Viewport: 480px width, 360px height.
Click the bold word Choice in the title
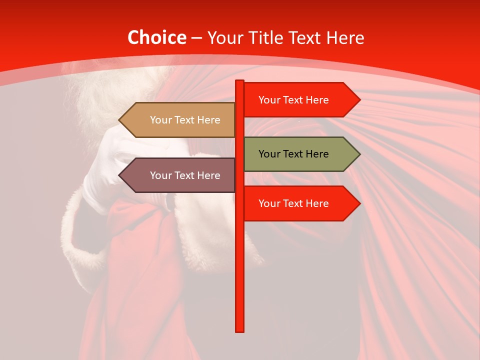pyautogui.click(x=156, y=38)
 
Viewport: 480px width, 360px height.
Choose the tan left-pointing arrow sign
pyautogui.click(x=180, y=120)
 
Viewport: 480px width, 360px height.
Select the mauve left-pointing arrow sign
pyautogui.click(x=180, y=175)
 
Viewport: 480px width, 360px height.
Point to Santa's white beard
pyautogui.click(x=100, y=90)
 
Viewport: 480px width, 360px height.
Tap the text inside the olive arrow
pyautogui.click(x=293, y=154)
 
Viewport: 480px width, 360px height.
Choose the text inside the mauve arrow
pyautogui.click(x=185, y=175)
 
